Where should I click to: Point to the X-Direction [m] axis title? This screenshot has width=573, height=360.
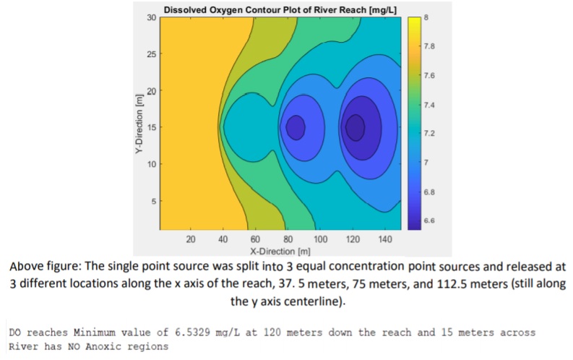[279, 251]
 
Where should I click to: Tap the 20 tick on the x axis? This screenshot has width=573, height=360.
[191, 239]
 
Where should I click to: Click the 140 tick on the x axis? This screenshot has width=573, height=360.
[386, 239]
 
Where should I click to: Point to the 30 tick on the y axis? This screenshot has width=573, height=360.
[151, 17]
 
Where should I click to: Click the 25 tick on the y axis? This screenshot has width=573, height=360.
[151, 54]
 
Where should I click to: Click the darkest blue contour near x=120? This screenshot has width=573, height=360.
[355, 127]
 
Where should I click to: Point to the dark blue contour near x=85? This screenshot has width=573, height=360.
[296, 127]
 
